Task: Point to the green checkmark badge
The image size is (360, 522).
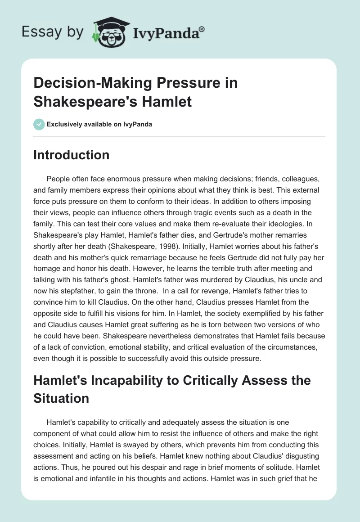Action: [x=39, y=124]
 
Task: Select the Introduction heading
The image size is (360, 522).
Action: [x=72, y=155]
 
